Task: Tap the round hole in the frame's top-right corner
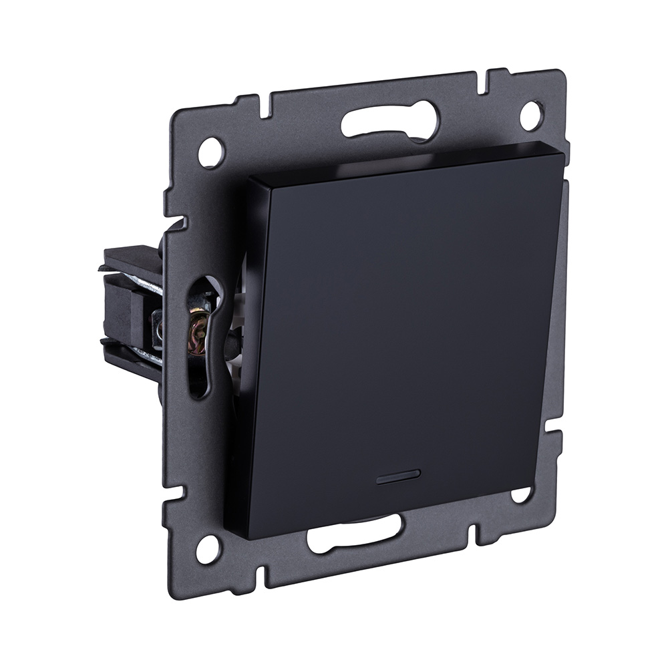530,114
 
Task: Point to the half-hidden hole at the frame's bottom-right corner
520,495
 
